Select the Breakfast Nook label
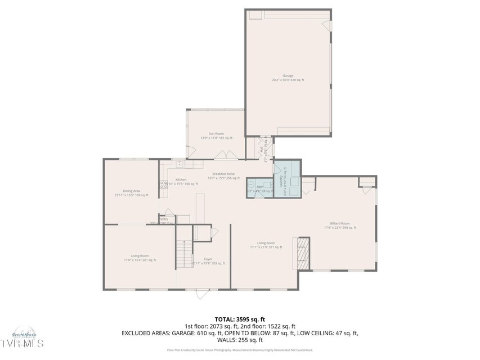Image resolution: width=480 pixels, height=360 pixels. tap(223, 175)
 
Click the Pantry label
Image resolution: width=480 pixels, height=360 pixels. tap(163, 219)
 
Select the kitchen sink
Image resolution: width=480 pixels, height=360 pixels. tap(178, 164)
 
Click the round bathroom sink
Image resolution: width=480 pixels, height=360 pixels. tap(251, 183)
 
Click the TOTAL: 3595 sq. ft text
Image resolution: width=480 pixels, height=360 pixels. tap(239, 318)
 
